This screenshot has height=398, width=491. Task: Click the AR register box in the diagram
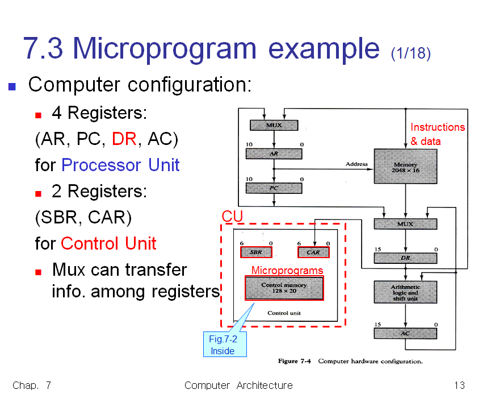[x=274, y=154]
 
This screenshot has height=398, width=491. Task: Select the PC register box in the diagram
[x=274, y=188]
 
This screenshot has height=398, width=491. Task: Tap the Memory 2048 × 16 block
[x=405, y=167]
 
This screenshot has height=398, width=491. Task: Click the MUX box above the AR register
[x=274, y=125]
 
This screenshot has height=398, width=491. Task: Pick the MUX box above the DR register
[x=405, y=224]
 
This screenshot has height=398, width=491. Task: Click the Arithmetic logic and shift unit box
[x=405, y=292]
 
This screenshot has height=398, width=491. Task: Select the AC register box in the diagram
[x=405, y=333]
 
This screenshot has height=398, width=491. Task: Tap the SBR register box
[x=256, y=252]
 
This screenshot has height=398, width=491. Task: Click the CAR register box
[x=313, y=252]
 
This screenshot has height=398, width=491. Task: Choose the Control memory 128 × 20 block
[x=284, y=288]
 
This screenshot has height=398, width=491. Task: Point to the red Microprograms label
[x=287, y=270]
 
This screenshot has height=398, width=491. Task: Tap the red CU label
[x=232, y=217]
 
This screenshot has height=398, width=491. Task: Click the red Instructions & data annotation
[x=437, y=134]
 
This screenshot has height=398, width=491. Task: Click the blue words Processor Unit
[x=120, y=165]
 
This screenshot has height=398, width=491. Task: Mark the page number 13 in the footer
[x=459, y=385]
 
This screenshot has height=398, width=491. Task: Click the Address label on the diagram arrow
[x=356, y=164]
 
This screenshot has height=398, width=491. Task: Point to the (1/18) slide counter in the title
[x=410, y=53]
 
